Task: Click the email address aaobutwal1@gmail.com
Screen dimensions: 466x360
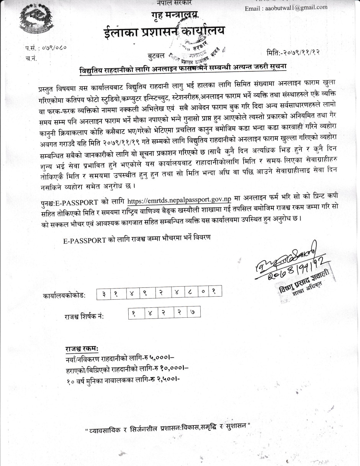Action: pos(286,7)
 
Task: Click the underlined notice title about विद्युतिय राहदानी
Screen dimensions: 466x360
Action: pos(183,69)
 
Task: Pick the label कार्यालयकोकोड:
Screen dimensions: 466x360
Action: pos(64,296)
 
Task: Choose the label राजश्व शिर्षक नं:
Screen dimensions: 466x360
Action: pos(84,317)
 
